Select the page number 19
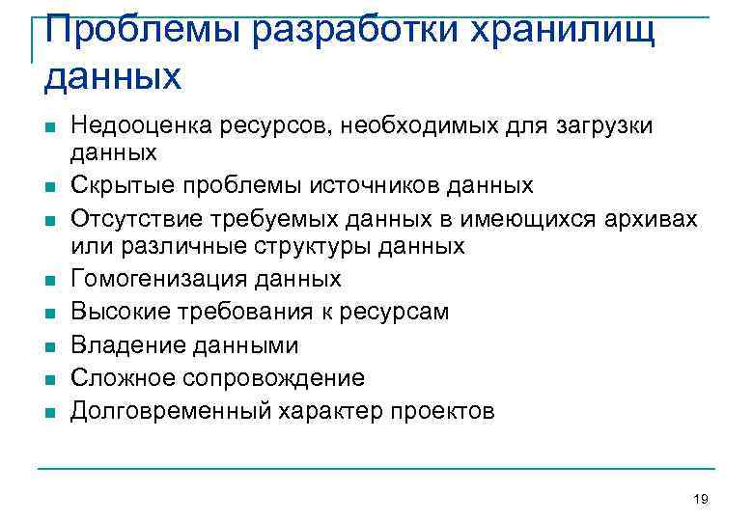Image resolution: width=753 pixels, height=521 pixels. coord(701,499)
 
